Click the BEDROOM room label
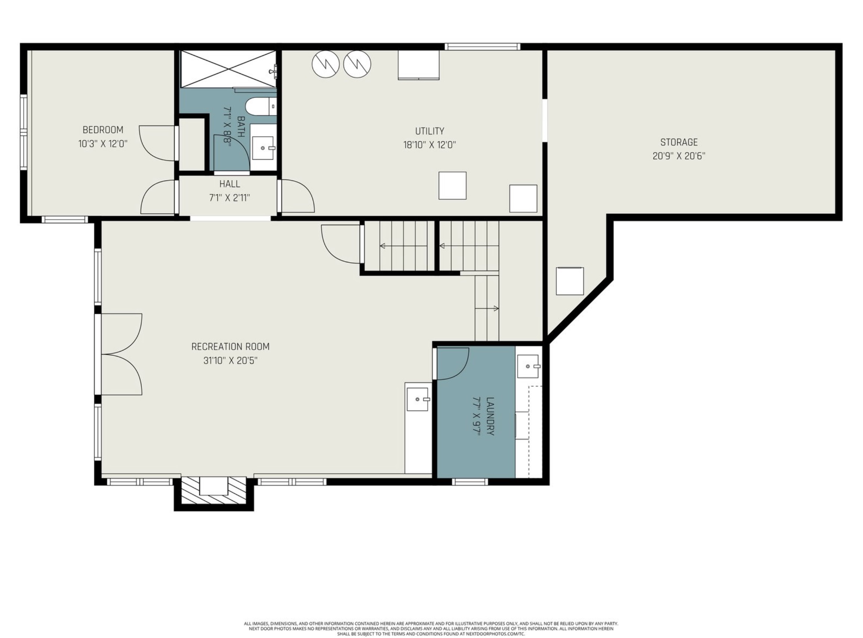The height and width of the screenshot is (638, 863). point(103,130)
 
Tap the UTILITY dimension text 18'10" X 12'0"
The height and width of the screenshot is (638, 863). point(430,145)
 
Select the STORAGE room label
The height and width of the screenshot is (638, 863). point(679,142)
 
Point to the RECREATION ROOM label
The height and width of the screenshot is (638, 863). point(230,346)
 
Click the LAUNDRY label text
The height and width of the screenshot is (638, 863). point(490,416)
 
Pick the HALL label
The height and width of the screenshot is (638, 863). point(230,184)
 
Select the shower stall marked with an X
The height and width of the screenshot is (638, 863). point(228,69)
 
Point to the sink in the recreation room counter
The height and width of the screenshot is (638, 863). point(417,399)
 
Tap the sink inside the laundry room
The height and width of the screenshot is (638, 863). point(528,366)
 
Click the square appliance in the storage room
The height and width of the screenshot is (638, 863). point(569,281)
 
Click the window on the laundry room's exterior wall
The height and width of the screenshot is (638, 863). point(470,482)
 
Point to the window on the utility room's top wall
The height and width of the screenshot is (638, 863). point(482,47)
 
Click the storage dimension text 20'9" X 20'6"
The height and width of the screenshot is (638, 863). point(679,156)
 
